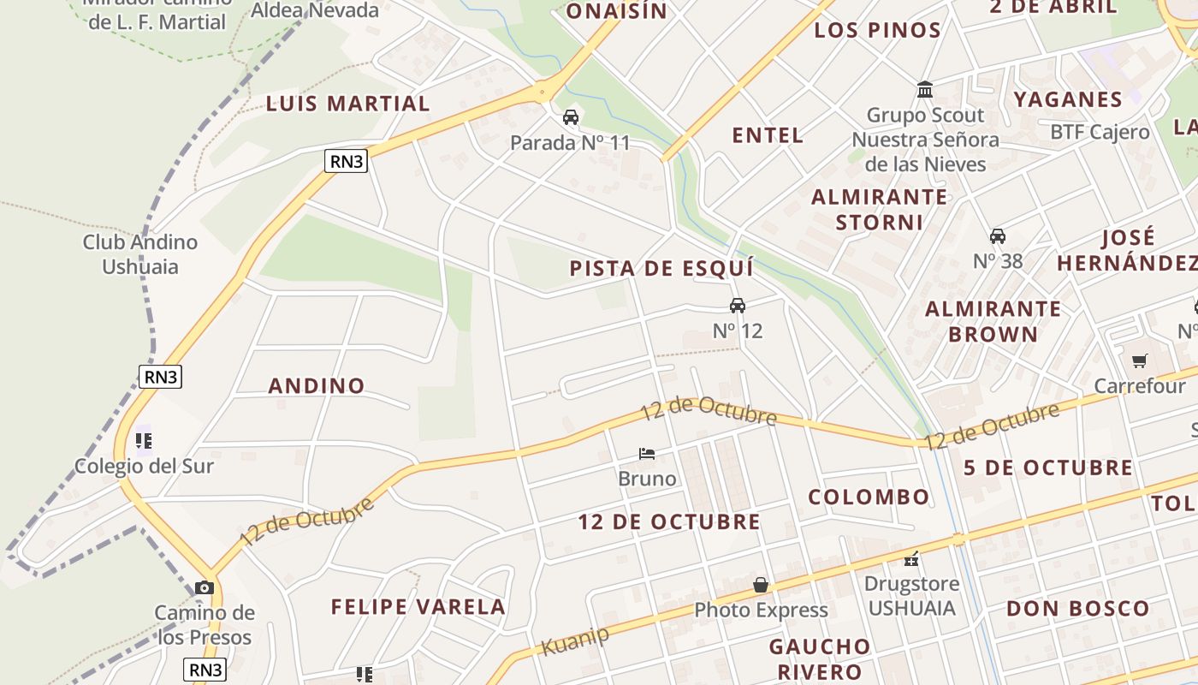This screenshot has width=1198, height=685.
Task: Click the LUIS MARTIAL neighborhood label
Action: pyautogui.click(x=347, y=104)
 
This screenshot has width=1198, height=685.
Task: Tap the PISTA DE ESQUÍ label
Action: pyautogui.click(x=661, y=268)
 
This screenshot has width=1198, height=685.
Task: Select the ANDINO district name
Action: pyautogui.click(x=317, y=385)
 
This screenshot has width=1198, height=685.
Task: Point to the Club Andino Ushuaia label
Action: pyautogui.click(x=140, y=254)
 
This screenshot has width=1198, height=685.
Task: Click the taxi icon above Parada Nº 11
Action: pyautogui.click(x=571, y=117)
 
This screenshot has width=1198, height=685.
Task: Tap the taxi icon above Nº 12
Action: pyautogui.click(x=738, y=306)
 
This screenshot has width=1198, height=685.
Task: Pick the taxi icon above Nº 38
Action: pyautogui.click(x=997, y=236)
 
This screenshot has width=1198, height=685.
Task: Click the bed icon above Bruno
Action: pyautogui.click(x=647, y=454)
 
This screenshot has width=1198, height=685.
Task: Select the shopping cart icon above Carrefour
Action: pyautogui.click(x=1139, y=361)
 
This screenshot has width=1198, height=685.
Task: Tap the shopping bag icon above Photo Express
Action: pyautogui.click(x=761, y=585)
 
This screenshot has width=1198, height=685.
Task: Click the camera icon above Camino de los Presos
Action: pyautogui.click(x=204, y=587)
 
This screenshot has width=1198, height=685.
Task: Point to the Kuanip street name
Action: pyautogui.click(x=575, y=640)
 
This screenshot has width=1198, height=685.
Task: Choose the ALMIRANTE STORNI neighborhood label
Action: pyautogui.click(x=879, y=209)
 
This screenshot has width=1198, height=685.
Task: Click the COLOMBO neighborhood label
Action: pyautogui.click(x=869, y=497)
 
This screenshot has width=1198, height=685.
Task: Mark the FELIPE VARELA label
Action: pyautogui.click(x=418, y=607)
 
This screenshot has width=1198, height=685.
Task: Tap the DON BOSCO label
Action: pyautogui.click(x=1077, y=609)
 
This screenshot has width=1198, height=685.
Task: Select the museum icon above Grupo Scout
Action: pyautogui.click(x=925, y=90)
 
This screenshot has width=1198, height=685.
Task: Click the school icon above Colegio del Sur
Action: pyautogui.click(x=144, y=441)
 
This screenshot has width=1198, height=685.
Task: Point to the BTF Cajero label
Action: pyautogui.click(x=1100, y=132)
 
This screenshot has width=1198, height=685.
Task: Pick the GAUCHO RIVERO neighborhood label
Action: pyautogui.click(x=819, y=658)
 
